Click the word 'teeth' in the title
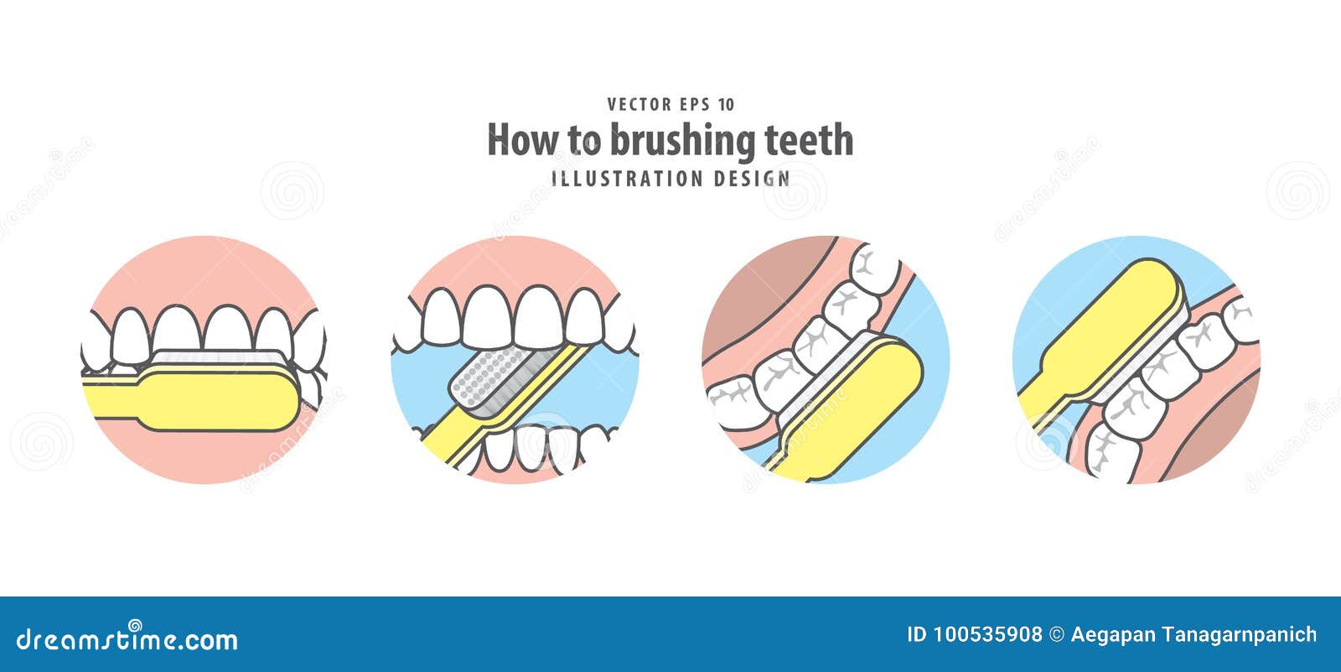click(808, 140)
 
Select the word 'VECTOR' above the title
click(639, 105)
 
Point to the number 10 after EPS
click(726, 105)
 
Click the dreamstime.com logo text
click(127, 639)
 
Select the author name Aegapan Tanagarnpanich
click(1193, 635)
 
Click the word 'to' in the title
click(584, 141)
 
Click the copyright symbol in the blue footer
click(1057, 635)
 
